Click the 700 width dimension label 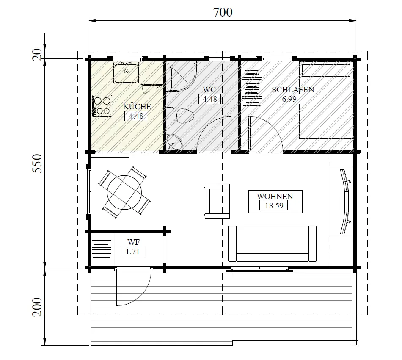223,12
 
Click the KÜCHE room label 136,107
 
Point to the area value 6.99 289,99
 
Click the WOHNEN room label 275,197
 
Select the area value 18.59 273,206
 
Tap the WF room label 133,242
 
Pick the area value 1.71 132,252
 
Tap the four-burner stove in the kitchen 102,106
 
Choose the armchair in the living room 217,201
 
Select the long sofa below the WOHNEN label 272,244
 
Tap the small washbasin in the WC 174,142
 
